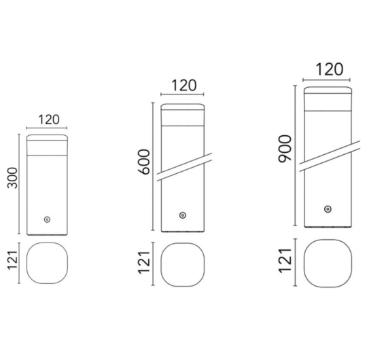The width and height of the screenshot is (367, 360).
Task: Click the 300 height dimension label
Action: pyautogui.click(x=12, y=178)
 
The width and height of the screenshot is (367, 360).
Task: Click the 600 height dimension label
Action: pyautogui.click(x=143, y=162)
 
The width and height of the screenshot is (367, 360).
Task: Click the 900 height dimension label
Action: pyautogui.click(x=285, y=149)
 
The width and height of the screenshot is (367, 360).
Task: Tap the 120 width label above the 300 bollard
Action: pyautogui.click(x=49, y=120)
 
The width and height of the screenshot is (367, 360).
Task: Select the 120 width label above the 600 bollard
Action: pyautogui.click(x=184, y=86)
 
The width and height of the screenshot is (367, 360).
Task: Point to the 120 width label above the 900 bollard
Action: pyautogui.click(x=330, y=69)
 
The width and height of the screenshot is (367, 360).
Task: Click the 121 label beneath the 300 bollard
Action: pyautogui.click(x=12, y=260)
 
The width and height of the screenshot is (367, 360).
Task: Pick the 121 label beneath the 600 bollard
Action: pyautogui.click(x=143, y=263)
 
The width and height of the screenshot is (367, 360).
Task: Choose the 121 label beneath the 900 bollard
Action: pyautogui.click(x=285, y=261)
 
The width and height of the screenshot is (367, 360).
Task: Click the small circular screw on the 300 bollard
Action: pyautogui.click(x=48, y=219)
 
